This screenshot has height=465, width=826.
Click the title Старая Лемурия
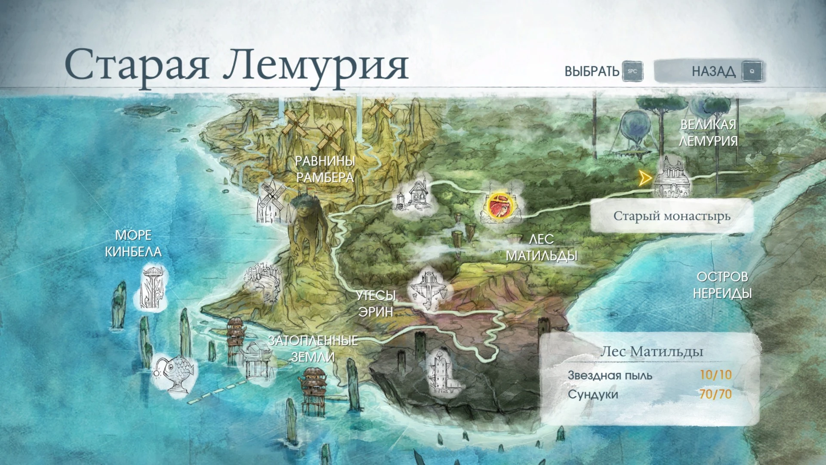coord(236,65)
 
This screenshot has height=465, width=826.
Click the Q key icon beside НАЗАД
coord(752,71)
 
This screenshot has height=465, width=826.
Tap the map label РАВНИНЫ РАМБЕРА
coord(325,169)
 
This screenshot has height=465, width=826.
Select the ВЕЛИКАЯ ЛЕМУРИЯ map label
coord(708,133)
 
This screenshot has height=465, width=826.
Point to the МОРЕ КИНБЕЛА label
coord(133,244)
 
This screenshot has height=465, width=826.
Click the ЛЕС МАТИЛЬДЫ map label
coord(541,248)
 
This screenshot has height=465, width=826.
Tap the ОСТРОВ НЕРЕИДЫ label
coord(722,285)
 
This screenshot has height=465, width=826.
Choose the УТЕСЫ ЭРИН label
coord(376,304)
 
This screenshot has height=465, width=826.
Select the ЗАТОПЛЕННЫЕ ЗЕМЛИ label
coord(313,349)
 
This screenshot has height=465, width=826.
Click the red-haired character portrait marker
coord(500,206)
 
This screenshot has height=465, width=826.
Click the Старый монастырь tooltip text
coord(672,216)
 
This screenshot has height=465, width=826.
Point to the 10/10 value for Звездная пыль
coord(715,375)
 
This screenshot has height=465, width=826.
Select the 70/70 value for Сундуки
coord(715,394)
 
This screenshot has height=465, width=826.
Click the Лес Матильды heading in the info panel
coord(651,352)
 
